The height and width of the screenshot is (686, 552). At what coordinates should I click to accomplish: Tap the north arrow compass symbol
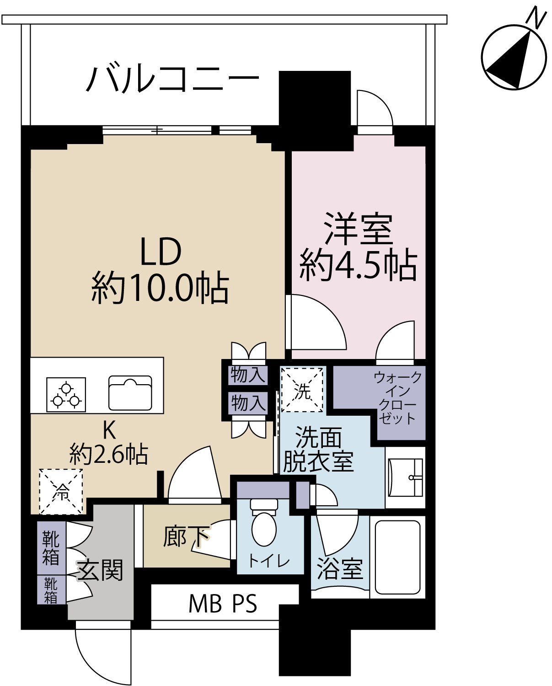pyautogui.click(x=514, y=57)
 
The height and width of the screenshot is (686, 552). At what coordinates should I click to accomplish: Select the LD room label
pyautogui.click(x=161, y=252)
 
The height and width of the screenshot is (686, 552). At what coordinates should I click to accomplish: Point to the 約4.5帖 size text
pyautogui.click(x=358, y=266)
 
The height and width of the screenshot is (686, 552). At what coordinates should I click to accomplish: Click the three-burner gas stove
pyautogui.click(x=66, y=395)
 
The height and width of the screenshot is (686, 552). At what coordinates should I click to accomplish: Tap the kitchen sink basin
pyautogui.click(x=130, y=393)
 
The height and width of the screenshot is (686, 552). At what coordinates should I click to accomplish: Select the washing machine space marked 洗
pyautogui.click(x=302, y=390)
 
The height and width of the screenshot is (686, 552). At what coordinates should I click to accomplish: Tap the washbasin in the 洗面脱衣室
pyautogui.click(x=406, y=478)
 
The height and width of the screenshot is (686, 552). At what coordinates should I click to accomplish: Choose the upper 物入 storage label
pyautogui.click(x=248, y=375)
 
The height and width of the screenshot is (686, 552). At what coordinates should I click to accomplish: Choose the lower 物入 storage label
pyautogui.click(x=248, y=403)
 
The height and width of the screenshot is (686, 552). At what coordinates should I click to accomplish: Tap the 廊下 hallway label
pyautogui.click(x=186, y=536)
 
